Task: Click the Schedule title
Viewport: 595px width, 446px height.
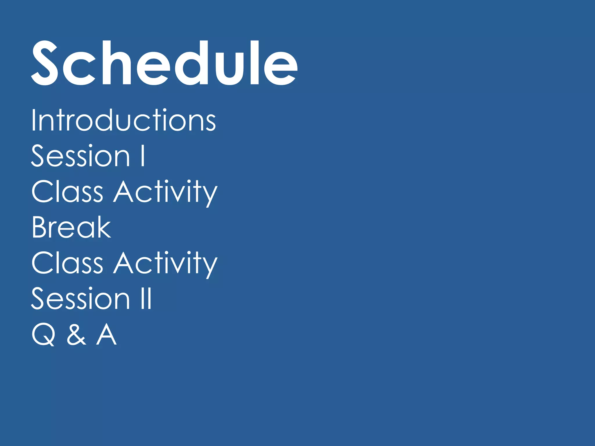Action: pyautogui.click(x=164, y=63)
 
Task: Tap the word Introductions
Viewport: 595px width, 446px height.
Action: pyautogui.click(x=123, y=120)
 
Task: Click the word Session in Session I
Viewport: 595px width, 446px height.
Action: pyautogui.click(x=80, y=156)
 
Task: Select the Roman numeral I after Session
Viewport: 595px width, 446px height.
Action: pyautogui.click(x=143, y=156)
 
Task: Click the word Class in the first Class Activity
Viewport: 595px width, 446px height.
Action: pyautogui.click(x=67, y=191)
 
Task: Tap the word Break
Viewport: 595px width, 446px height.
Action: pyautogui.click(x=71, y=227)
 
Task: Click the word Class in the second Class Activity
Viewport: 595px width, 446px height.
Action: pyautogui.click(x=67, y=263)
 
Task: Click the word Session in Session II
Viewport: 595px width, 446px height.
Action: pyautogui.click(x=80, y=298)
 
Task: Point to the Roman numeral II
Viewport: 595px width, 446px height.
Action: pyautogui.click(x=146, y=298)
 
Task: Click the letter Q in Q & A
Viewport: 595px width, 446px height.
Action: pyautogui.click(x=44, y=335)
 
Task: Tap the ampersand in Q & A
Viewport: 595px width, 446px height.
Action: pyautogui.click(x=76, y=335)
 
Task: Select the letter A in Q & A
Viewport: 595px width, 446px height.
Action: pyautogui.click(x=106, y=334)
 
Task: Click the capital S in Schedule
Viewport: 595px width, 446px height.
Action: pyautogui.click(x=44, y=63)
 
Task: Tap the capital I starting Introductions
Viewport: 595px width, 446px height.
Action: pyautogui.click(x=33, y=120)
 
